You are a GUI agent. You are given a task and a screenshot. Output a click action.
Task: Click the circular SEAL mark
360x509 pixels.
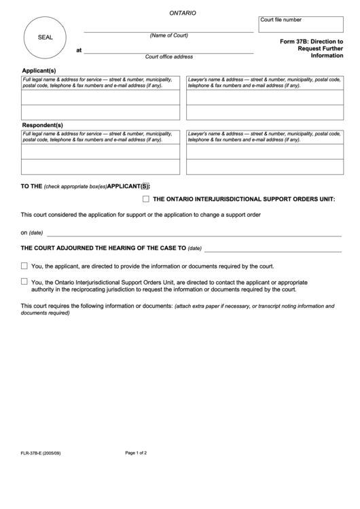coord(45,37)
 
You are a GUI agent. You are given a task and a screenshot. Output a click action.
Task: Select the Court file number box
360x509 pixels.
coord(301,24)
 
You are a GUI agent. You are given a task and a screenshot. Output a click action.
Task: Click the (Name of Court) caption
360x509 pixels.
coord(168,35)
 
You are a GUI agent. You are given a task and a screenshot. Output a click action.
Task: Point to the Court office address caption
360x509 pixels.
coord(168,56)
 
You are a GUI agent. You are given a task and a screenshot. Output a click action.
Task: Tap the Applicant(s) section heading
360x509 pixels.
coord(39,70)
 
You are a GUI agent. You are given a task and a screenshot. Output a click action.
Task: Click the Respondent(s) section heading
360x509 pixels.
coord(42,125)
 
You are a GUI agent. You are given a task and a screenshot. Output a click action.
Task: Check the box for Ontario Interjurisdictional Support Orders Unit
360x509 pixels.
coord(146,199)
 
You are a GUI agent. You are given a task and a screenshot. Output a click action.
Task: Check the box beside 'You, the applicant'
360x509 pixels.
coord(24,266)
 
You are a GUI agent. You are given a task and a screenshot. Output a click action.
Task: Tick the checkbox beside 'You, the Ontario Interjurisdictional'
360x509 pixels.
coord(24,281)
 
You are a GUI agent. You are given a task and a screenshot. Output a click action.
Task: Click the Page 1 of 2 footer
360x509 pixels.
coord(136,453)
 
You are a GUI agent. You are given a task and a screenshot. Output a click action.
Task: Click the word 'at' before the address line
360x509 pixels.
coord(79,50)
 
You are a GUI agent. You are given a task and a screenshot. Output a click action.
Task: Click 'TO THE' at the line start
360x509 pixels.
coord(31,186)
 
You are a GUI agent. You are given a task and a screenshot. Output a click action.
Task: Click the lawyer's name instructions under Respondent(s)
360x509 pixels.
coord(264,137)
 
